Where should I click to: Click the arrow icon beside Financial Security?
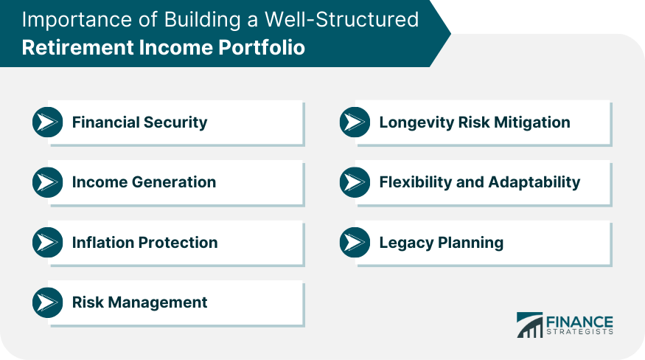coord(48,122)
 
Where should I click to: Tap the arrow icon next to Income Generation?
coord(48,182)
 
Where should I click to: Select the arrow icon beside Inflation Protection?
coord(48,243)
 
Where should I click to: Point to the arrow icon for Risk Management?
coord(48,302)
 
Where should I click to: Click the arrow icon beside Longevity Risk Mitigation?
coord(355,122)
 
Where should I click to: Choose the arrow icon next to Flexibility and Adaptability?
coord(355,182)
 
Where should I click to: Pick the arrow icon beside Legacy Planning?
coord(355,243)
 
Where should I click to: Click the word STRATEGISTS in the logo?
coord(579,332)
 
